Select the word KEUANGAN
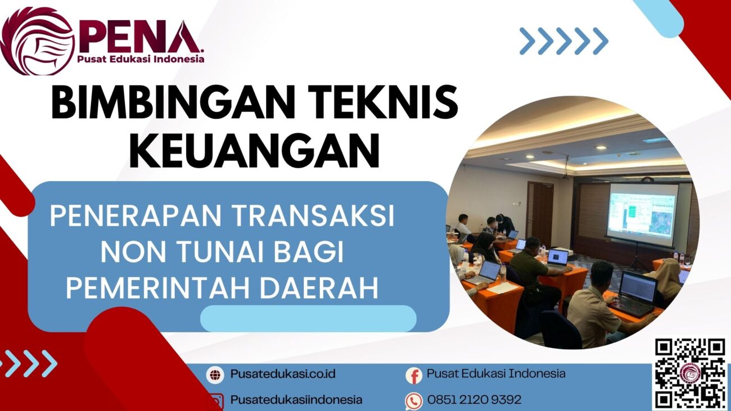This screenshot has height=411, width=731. coord(254,150)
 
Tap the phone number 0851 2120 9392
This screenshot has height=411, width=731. coord(474,400)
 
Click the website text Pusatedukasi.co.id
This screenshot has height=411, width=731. coord(282,374)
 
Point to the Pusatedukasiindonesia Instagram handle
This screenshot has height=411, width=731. coord(296,400)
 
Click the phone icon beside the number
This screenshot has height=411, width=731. coord(414,400)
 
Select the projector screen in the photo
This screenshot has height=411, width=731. coord(642,214)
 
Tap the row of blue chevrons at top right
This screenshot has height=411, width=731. coord(564,41)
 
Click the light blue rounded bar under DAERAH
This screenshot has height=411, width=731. coord(308,319)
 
